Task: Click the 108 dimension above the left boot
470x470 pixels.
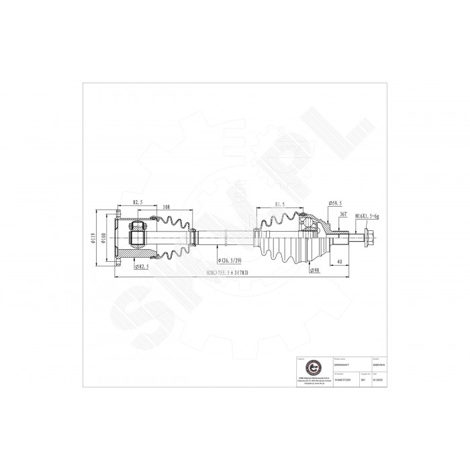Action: pyautogui.click(x=166, y=207)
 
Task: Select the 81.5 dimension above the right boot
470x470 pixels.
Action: pyautogui.click(x=281, y=203)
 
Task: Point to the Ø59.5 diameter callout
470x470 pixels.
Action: pyautogui.click(x=335, y=203)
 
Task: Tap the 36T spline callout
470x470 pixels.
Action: pyautogui.click(x=343, y=214)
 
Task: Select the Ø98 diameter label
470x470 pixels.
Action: pyautogui.click(x=314, y=271)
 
